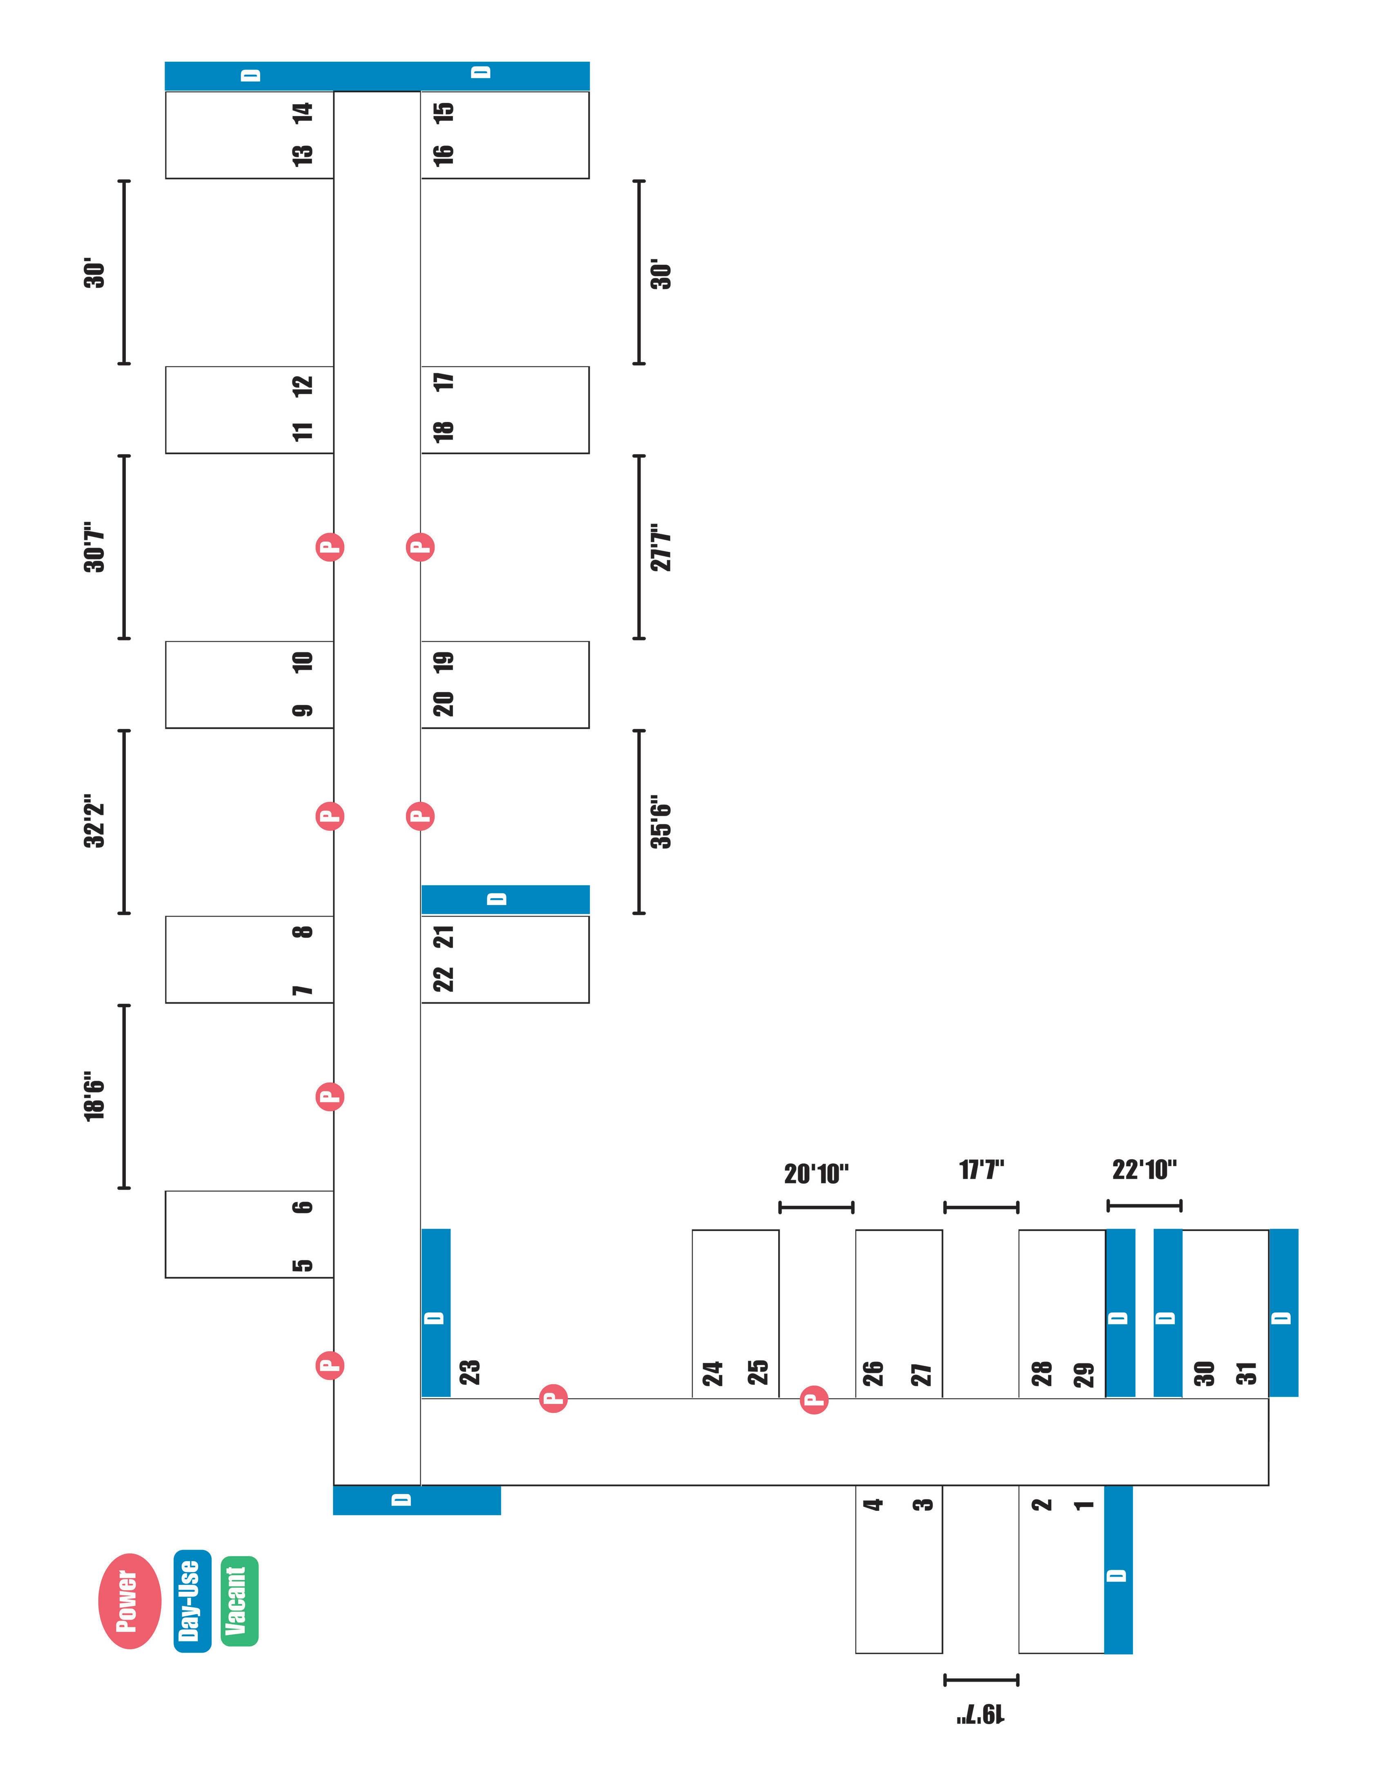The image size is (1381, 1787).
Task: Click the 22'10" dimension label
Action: tap(1144, 1169)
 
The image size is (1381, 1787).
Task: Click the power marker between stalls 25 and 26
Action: tap(814, 1399)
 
